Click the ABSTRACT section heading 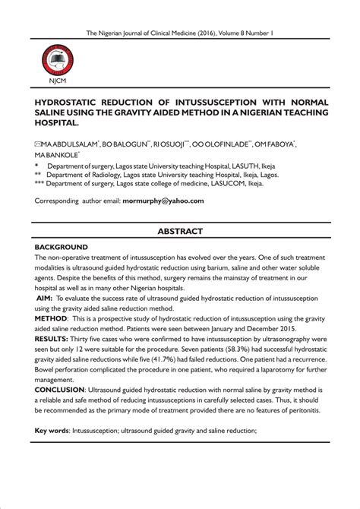180,230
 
